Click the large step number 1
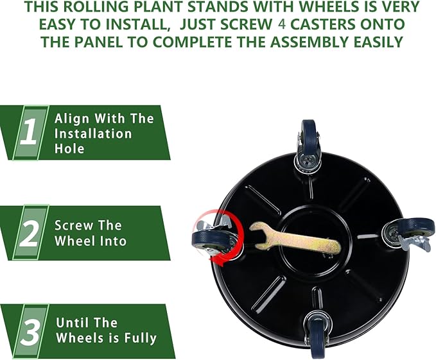(x=30, y=132)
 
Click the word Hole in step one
(x=69, y=148)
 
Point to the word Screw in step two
(x=71, y=225)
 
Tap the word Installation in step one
(x=93, y=133)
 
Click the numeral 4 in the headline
(x=282, y=24)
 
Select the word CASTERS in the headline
(x=323, y=24)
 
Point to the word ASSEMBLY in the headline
(x=309, y=42)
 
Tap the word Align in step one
(x=71, y=119)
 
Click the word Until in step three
(x=72, y=323)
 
